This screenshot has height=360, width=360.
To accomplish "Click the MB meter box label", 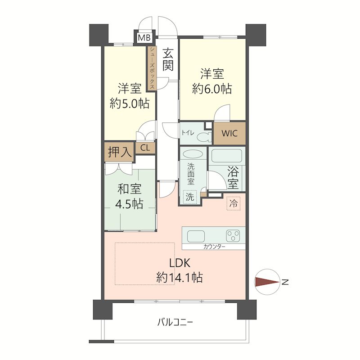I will pos(144,38).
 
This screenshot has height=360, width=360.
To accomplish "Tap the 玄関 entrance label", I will pos(168,59).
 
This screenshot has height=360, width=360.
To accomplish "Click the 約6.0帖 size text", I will pos(212,89).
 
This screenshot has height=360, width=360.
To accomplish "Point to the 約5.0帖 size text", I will pos(130,103).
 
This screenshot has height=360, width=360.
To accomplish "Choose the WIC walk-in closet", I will pos(229,134).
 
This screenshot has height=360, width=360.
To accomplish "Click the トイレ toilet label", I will pos(188,133).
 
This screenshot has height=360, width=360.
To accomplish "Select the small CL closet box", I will pos(145,148).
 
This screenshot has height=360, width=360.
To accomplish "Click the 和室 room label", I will pos(130,188).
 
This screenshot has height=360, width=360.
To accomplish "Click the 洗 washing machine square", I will pos(191,197).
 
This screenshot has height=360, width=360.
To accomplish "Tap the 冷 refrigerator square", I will pos(233,203).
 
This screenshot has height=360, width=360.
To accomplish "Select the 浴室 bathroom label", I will pos(233,177).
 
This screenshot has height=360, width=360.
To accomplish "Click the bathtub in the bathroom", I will pos(227,156).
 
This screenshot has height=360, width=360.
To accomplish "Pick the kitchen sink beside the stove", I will pos(196,235).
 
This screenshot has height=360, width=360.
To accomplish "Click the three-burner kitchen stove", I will pos(234,235).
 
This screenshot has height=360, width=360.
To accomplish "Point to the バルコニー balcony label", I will pos(175,322).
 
